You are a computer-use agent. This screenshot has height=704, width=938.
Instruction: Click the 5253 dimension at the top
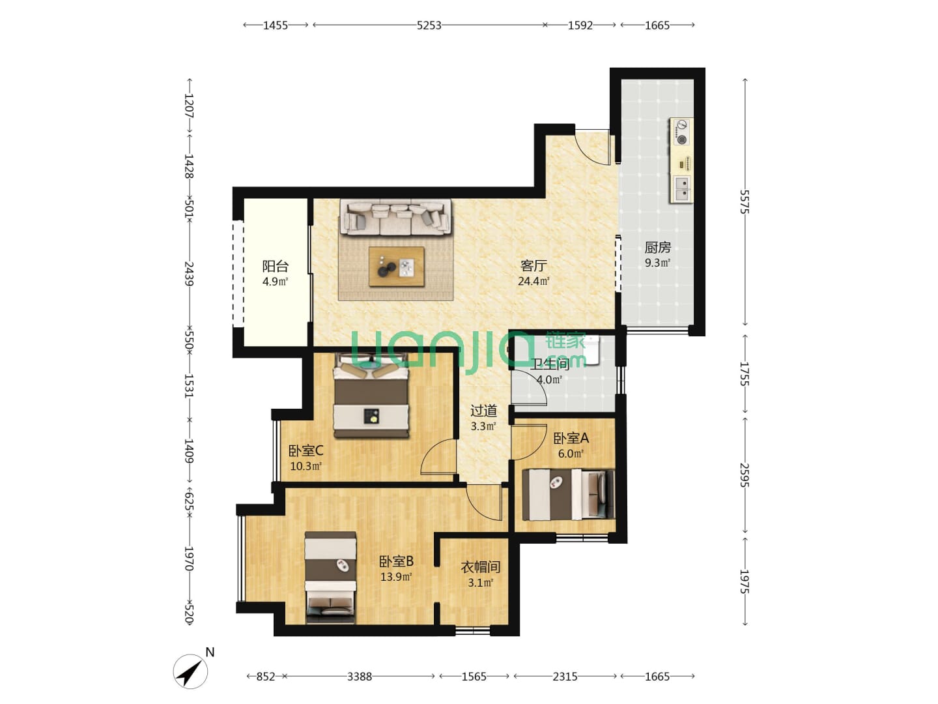click(x=429, y=25)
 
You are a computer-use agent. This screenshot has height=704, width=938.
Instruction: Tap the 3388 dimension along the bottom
click(x=360, y=676)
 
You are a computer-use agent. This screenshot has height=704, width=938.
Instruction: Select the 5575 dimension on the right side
click(x=745, y=202)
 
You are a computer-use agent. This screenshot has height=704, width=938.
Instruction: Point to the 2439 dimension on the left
click(x=189, y=274)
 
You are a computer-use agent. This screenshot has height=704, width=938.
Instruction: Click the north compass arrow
click(x=190, y=671)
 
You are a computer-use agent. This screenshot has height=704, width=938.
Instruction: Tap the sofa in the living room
click(x=395, y=217)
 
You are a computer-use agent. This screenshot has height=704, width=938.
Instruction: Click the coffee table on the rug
click(x=397, y=267)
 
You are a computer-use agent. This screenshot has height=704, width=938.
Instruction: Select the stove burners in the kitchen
click(x=682, y=132)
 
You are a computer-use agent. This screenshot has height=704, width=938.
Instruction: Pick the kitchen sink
click(x=682, y=188)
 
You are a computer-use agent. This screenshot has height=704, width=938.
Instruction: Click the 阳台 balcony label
click(x=275, y=267)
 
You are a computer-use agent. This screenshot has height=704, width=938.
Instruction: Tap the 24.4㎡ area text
click(x=533, y=281)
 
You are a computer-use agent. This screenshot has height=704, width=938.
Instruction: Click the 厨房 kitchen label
click(x=658, y=248)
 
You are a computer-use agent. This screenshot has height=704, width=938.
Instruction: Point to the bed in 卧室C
click(x=371, y=395)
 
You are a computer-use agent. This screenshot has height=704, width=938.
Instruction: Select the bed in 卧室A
click(x=569, y=495)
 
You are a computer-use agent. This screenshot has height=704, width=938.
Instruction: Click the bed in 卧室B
click(x=330, y=577)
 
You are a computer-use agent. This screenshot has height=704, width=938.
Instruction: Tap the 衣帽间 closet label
click(x=480, y=567)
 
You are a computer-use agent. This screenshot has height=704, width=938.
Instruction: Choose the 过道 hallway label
click(x=483, y=411)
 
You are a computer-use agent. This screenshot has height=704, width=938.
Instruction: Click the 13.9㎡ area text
click(x=395, y=577)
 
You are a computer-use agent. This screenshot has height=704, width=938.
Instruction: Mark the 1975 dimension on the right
click(x=745, y=581)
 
